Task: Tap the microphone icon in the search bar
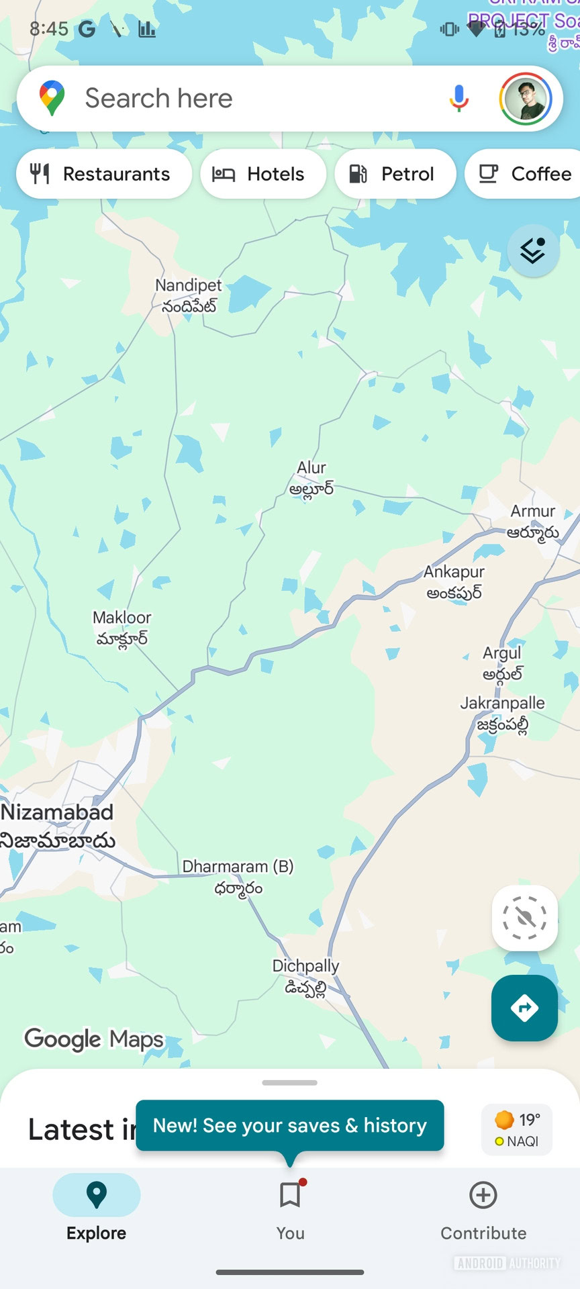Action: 459,99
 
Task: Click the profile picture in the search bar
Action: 526,99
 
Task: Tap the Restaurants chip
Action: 103,174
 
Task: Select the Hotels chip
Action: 262,174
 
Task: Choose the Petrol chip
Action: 395,174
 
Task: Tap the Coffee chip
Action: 524,174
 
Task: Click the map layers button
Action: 533,250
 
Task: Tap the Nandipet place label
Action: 188,295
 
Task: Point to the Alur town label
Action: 311,477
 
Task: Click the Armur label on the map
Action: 533,521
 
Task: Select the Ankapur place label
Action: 454,581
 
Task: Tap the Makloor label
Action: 122,627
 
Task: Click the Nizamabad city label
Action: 58,825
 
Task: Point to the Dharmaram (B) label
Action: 238,876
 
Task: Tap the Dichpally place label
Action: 306,975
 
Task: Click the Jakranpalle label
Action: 502,713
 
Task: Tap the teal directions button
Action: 524,1008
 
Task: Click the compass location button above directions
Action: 524,918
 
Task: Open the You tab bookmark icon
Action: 290,1195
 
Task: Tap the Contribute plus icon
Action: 483,1195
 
